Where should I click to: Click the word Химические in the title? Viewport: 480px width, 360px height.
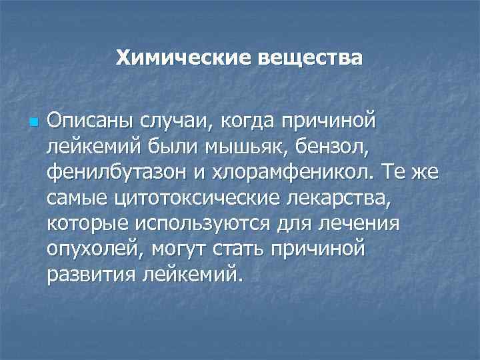tap(175, 58)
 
